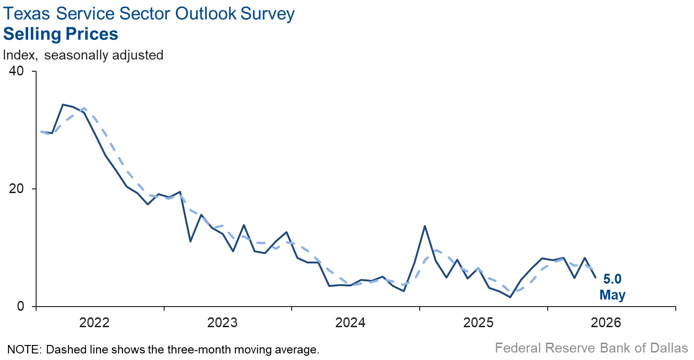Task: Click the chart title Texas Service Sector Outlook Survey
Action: pos(149,14)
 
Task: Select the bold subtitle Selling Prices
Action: pos(61,34)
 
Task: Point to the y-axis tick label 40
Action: pos(16,71)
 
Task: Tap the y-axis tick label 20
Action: pos(16,188)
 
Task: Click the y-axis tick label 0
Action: pos(21,306)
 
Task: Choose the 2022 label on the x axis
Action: pos(94,322)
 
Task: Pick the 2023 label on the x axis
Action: pos(222,322)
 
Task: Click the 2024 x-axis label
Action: pos(350,322)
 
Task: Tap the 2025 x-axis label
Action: pos(478,322)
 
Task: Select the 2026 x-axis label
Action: pos(606,322)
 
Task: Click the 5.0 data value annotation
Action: pos(612,279)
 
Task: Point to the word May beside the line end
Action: pos(612,295)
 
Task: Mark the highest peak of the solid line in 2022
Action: pos(63,105)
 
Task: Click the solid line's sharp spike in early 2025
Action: pos(425,226)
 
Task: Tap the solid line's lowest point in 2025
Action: pos(510,297)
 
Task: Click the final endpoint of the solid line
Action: pos(596,277)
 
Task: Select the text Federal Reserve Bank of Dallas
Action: pos(591,348)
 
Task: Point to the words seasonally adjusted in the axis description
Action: pos(104,55)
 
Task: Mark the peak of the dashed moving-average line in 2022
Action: pos(84,108)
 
